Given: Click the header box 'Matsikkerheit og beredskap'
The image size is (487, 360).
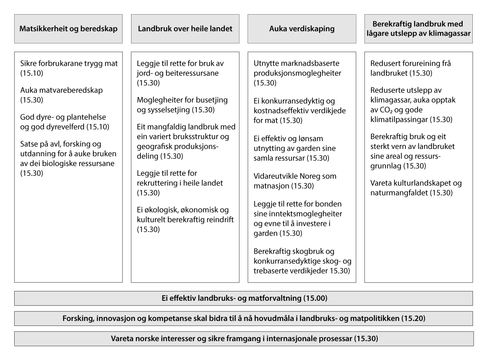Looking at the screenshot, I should pos(68,29).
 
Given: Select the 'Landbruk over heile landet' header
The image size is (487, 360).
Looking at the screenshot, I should pos(185,29).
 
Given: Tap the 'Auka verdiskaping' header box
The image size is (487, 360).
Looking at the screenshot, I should pos(302,29).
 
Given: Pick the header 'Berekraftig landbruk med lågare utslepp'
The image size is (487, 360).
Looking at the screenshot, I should pos(418,29).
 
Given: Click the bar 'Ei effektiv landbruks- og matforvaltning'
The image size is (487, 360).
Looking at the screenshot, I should pos(243,298).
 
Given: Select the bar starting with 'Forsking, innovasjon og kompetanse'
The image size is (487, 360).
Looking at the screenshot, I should pos(243,318).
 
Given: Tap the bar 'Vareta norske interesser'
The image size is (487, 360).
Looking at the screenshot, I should pos(243,338).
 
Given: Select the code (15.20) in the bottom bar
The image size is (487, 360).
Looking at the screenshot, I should pos(413,318).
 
